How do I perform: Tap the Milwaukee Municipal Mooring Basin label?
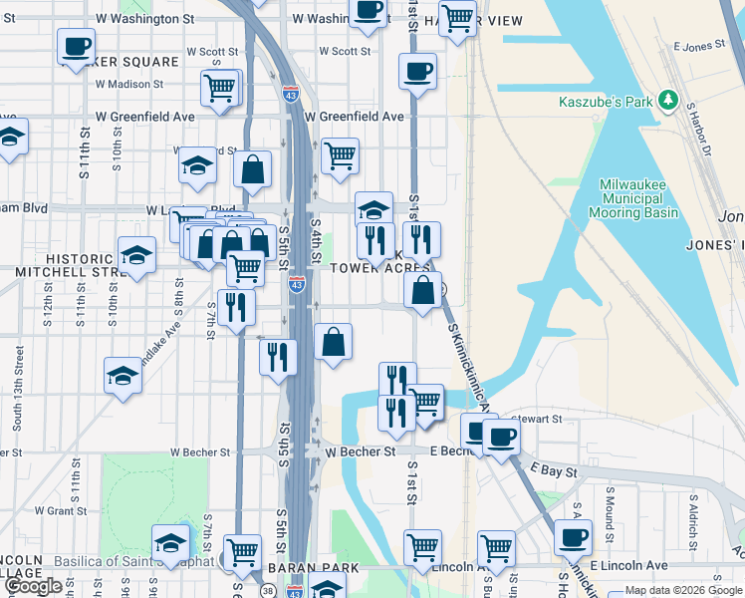638,198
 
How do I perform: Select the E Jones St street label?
698,47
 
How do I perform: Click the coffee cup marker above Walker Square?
77,46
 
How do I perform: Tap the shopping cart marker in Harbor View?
457,18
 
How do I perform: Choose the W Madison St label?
128,85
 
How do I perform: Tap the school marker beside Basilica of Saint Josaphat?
170,543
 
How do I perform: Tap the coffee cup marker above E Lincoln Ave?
573,538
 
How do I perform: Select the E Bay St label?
553,469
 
